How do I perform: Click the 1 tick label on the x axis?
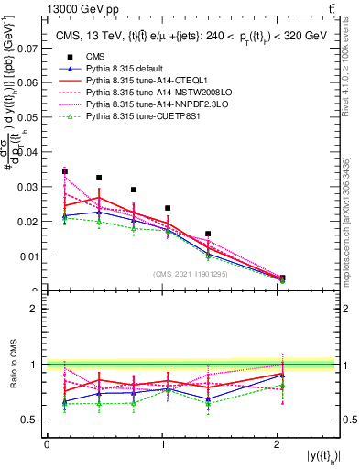tap(162, 445)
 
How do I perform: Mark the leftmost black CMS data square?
tap(65, 171)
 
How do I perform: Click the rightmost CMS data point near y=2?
tap(282, 278)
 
